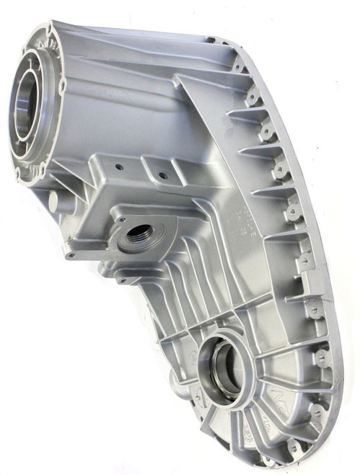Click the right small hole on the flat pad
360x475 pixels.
(x=162, y=175)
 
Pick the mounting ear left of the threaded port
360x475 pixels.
(x=72, y=252)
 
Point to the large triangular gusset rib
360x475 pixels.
(x=209, y=137)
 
